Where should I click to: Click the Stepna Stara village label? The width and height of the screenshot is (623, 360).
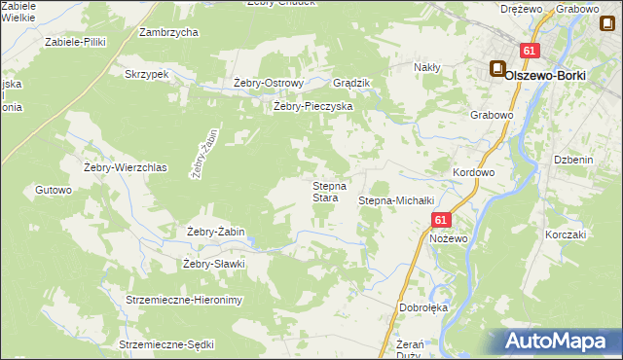click(x=325, y=192)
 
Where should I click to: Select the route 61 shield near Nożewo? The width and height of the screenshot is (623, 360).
click(x=441, y=221)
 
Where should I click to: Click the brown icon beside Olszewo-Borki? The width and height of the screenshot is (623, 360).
click(x=496, y=69)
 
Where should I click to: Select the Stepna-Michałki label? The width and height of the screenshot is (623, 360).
click(x=395, y=200)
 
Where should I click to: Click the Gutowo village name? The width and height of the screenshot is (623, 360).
click(x=54, y=190)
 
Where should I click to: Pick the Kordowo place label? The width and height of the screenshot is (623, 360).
click(x=474, y=172)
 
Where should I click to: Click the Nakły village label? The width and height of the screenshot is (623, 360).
click(x=427, y=67)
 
